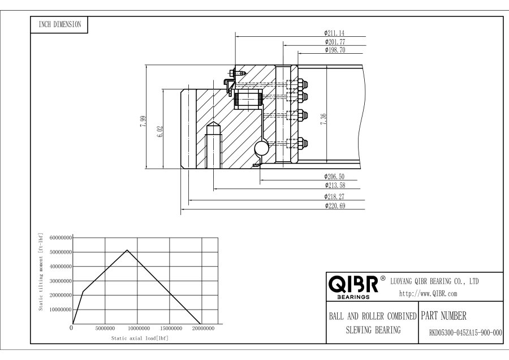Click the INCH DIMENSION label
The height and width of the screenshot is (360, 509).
59,24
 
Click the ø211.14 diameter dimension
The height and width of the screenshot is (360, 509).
335,33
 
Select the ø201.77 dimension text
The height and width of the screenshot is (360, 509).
335,41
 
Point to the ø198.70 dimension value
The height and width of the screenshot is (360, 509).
335,50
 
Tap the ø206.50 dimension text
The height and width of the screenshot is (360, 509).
335,177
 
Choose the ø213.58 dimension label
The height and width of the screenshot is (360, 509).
335,185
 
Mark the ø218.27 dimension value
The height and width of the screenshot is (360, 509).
335,196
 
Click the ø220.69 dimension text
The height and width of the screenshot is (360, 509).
335,205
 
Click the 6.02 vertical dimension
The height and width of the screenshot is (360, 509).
160,131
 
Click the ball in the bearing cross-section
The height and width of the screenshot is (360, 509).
262,149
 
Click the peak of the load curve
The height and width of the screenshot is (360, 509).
127,250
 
